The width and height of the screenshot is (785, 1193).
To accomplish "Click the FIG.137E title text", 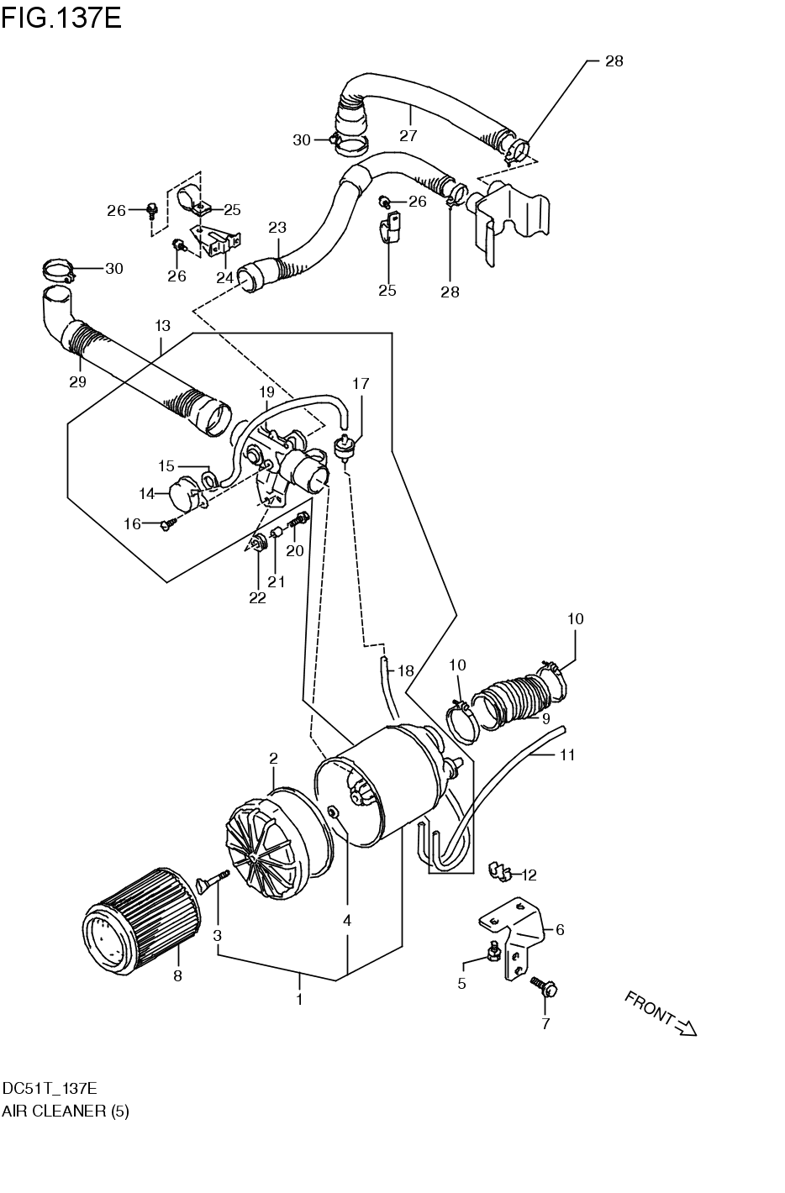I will (61, 17).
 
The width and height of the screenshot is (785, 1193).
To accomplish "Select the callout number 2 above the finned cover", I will (273, 759).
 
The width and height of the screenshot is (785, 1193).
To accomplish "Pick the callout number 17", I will (361, 384).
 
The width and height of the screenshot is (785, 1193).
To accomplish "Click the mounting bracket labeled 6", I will (514, 933).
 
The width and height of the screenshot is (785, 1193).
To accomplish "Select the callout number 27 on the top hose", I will (408, 135).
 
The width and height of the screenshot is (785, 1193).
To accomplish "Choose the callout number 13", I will (162, 325).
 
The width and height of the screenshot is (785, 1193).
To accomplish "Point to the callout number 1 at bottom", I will (299, 999).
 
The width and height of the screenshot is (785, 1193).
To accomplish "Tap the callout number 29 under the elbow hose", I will (78, 382).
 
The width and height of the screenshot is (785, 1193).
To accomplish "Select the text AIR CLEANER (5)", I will (66, 1111).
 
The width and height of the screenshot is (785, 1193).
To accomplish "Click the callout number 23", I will (277, 228).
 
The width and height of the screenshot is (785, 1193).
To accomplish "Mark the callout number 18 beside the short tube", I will (406, 670).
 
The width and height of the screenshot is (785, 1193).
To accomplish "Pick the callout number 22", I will (257, 597).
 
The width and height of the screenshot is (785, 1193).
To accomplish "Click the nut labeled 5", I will (494, 950).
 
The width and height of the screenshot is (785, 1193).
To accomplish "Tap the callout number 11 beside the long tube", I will (567, 754).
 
